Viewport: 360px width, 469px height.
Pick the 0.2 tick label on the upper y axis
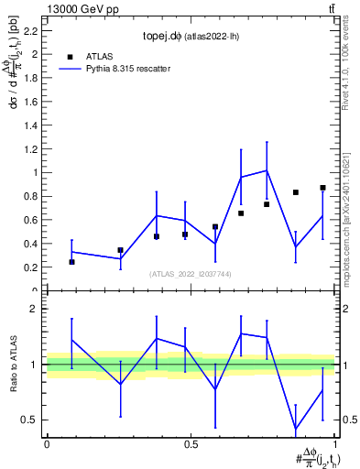point(33,267)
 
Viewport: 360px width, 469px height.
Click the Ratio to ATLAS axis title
point(14,364)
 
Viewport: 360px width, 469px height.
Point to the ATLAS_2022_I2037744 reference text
point(191,274)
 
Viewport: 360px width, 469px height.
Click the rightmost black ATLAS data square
point(322,188)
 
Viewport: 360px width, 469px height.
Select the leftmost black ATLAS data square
point(72,262)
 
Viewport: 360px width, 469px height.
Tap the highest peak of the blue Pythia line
point(267,170)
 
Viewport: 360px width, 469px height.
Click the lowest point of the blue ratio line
point(296,430)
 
